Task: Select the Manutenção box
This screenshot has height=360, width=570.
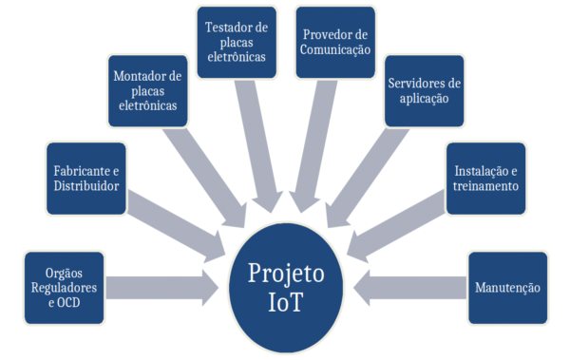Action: (506, 287)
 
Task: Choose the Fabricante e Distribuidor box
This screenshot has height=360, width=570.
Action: (86, 178)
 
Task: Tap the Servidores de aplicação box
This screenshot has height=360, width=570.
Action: (425, 91)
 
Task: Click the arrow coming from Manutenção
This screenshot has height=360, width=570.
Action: (408, 286)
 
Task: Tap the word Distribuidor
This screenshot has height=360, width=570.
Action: (86, 186)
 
